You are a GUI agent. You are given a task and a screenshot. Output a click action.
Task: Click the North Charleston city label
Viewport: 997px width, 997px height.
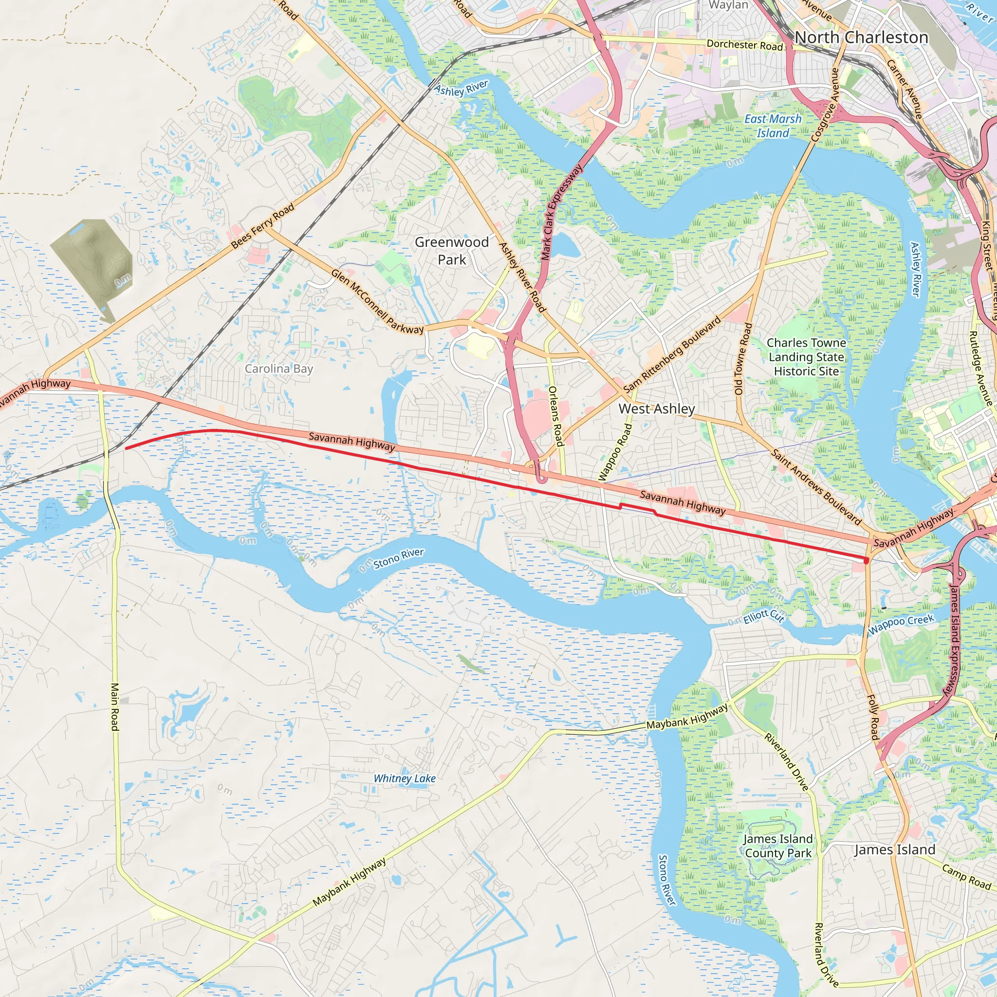point(861,37)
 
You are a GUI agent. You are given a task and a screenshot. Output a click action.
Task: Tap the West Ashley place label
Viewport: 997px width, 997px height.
point(656,409)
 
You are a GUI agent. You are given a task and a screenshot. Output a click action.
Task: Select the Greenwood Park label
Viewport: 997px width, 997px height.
point(452,251)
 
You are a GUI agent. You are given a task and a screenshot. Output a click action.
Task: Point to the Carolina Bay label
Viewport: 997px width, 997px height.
point(278,369)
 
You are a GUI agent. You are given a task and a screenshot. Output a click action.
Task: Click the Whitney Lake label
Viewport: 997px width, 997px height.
point(405,778)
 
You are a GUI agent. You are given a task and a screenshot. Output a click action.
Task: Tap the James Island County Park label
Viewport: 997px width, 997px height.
point(778,846)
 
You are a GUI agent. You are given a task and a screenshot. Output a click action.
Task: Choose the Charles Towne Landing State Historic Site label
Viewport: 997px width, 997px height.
point(806,357)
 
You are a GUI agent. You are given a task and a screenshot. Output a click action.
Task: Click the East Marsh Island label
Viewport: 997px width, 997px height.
point(773,126)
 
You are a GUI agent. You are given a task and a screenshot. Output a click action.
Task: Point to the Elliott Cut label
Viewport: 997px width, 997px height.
point(764,616)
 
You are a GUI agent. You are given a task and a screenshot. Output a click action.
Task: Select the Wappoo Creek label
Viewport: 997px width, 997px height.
point(901,625)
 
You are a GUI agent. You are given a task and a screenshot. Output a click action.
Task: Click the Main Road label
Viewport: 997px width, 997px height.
point(115,706)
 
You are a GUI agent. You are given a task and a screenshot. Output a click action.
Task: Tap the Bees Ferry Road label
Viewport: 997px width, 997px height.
point(263,225)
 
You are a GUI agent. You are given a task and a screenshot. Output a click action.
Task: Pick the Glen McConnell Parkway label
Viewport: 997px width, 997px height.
point(377,302)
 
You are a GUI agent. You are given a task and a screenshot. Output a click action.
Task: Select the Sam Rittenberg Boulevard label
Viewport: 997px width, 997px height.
point(672,354)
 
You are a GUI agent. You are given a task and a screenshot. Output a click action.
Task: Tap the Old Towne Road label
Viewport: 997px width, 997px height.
point(743,359)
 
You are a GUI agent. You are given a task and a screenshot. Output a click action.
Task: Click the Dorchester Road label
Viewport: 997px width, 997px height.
point(745,45)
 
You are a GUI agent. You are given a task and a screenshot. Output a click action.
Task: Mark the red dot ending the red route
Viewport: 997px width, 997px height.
point(867,560)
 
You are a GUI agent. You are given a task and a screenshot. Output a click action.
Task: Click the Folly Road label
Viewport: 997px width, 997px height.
point(873,717)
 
